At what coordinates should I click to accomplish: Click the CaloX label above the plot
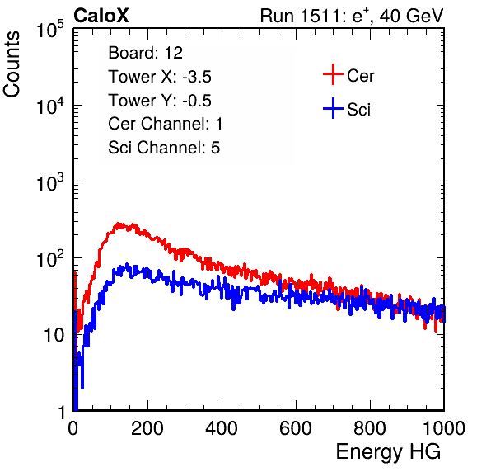pyautogui.click(x=101, y=16)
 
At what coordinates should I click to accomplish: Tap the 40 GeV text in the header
pyautogui.click(x=411, y=16)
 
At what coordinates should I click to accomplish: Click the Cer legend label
pyautogui.click(x=360, y=76)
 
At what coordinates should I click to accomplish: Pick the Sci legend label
pyautogui.click(x=359, y=110)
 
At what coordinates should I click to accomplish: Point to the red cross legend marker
pyautogui.click(x=333, y=74)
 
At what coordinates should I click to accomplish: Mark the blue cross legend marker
pyautogui.click(x=333, y=108)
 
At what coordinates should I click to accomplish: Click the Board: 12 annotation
pyautogui.click(x=145, y=53)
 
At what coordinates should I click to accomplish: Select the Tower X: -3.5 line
pyautogui.click(x=160, y=77)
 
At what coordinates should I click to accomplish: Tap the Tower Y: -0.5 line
pyautogui.click(x=160, y=101)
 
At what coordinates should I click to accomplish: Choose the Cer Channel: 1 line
pyautogui.click(x=166, y=124)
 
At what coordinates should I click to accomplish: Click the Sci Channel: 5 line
pyautogui.click(x=164, y=148)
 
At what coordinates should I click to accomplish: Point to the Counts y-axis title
pyautogui.click(x=12, y=64)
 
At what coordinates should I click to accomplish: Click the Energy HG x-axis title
pyautogui.click(x=388, y=452)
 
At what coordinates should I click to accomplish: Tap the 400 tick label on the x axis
pyautogui.click(x=222, y=428)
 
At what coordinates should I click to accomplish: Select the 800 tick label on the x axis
pyautogui.click(x=370, y=428)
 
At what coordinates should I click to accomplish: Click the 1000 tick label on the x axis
pyautogui.click(x=444, y=428)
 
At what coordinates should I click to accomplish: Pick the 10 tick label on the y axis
pyautogui.click(x=54, y=335)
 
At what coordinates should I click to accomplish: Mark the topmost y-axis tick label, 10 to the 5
pyautogui.click(x=50, y=29)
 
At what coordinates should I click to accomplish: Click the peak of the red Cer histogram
pyautogui.click(x=118, y=224)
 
